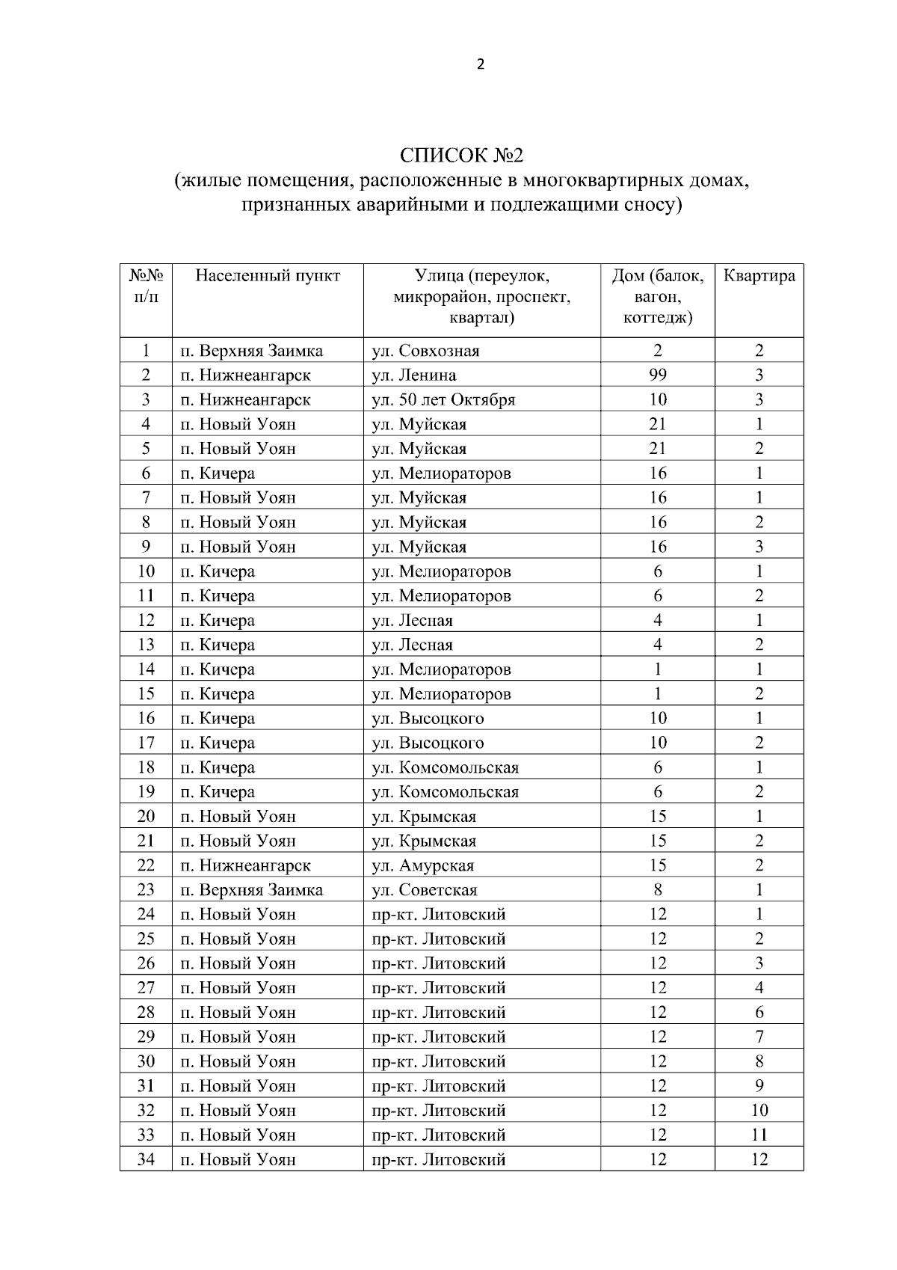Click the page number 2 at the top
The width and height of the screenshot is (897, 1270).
click(x=480, y=64)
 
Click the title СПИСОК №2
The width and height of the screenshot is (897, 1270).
click(x=461, y=156)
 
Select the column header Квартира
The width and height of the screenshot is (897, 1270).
click(x=759, y=276)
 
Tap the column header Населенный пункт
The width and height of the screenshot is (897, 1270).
click(x=268, y=276)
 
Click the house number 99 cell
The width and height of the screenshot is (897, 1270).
click(x=658, y=375)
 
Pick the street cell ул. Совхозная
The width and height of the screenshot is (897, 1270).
click(x=425, y=351)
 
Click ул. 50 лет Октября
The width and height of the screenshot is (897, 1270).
click(x=443, y=399)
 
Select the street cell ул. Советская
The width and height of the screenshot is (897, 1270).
click(x=425, y=890)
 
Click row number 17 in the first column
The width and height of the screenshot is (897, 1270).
click(x=146, y=743)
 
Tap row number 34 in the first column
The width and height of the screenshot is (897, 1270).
click(x=146, y=1159)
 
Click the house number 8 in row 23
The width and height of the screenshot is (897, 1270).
click(x=658, y=890)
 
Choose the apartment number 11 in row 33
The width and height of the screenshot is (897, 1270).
click(x=759, y=1135)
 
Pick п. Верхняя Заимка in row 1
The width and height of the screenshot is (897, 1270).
click(x=251, y=351)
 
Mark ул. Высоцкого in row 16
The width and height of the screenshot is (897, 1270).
click(x=428, y=718)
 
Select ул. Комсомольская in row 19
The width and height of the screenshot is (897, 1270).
click(x=445, y=792)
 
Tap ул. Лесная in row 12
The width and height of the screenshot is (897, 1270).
click(x=413, y=620)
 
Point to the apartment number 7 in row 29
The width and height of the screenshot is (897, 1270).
click(x=759, y=1037)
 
